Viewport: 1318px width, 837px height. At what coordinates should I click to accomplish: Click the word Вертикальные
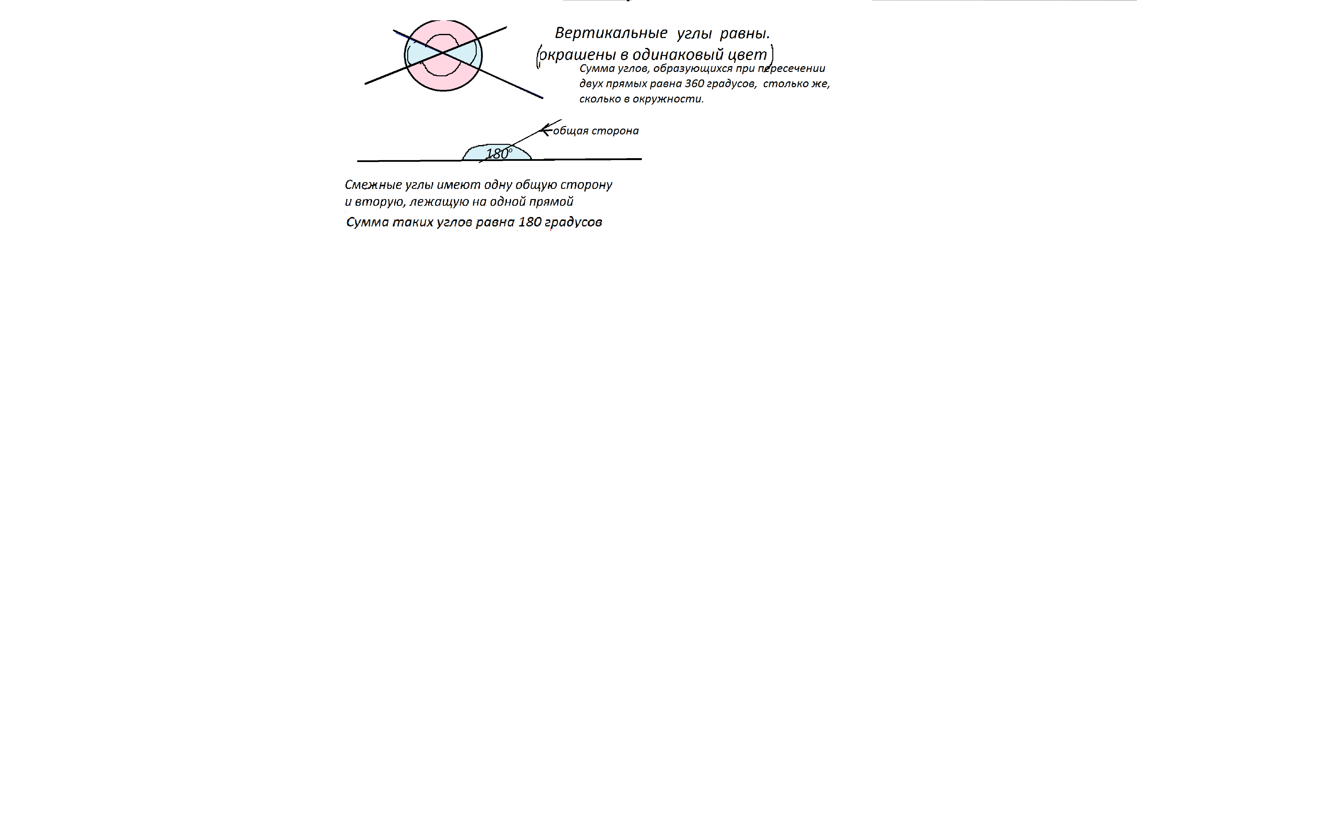pyautogui.click(x=611, y=33)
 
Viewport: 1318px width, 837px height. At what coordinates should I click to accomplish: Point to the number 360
pyautogui.click(x=695, y=84)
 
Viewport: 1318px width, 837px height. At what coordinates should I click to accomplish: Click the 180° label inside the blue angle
pyautogui.click(x=498, y=154)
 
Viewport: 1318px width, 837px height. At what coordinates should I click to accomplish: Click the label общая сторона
pyautogui.click(x=596, y=131)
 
